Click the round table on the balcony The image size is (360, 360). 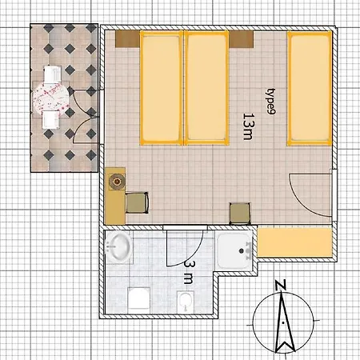pos(50,98)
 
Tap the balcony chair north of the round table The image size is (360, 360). pos(53,74)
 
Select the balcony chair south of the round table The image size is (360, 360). pos(50,119)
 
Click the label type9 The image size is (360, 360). pos(271,102)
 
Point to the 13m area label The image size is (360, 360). pos(248,126)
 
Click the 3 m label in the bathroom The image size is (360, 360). pos(189,272)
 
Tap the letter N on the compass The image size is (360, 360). pos(280,285)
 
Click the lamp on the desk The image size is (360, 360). pos(117,182)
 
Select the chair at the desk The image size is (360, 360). pos(137,202)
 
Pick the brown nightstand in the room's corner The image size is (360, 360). pos(127,39)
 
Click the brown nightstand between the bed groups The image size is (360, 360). pos(241,39)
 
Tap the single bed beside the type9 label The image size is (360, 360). pos(310,88)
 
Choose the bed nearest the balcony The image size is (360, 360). pos(162,88)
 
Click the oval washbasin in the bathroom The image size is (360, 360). pos(118,246)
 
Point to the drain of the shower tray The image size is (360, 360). pos(242,250)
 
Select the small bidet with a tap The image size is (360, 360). pos(186,302)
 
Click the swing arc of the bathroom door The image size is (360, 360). pos(191,257)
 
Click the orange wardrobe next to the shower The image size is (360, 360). pos(294,242)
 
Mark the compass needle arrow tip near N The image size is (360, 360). pos(281,292)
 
